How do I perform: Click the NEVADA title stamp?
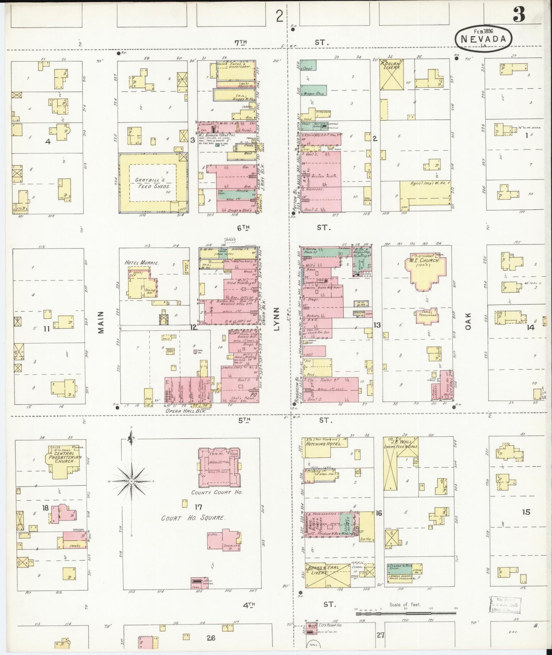coord(483,38)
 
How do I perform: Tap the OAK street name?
coord(468,321)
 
